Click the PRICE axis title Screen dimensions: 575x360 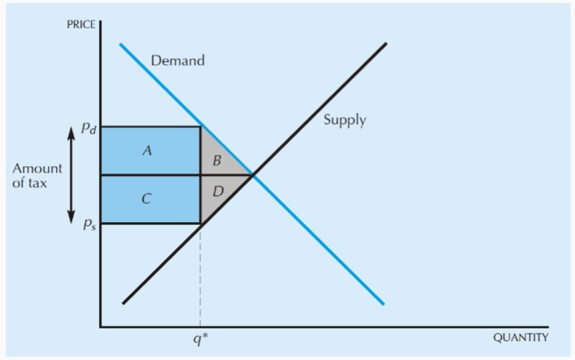pos(81,24)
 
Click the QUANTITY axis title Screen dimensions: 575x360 pos(521,337)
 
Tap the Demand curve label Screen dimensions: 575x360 pos(178,61)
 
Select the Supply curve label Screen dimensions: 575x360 pos(345,120)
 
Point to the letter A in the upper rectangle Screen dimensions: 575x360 pos(147,150)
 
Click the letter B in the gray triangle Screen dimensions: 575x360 pos(217,161)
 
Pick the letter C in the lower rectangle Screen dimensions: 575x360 pos(147,199)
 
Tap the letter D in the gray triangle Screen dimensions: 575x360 pos(218,191)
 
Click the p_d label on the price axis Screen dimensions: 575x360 pos(88,128)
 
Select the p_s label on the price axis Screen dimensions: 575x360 pos(89,224)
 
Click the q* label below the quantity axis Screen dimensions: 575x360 pos(200,340)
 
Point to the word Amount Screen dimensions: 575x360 pos(37,169)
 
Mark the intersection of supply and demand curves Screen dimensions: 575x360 pos(253,175)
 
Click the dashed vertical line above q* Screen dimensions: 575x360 pos(200,275)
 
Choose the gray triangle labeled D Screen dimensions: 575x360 pos(217,191)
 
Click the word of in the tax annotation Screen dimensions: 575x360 pos(18,183)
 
